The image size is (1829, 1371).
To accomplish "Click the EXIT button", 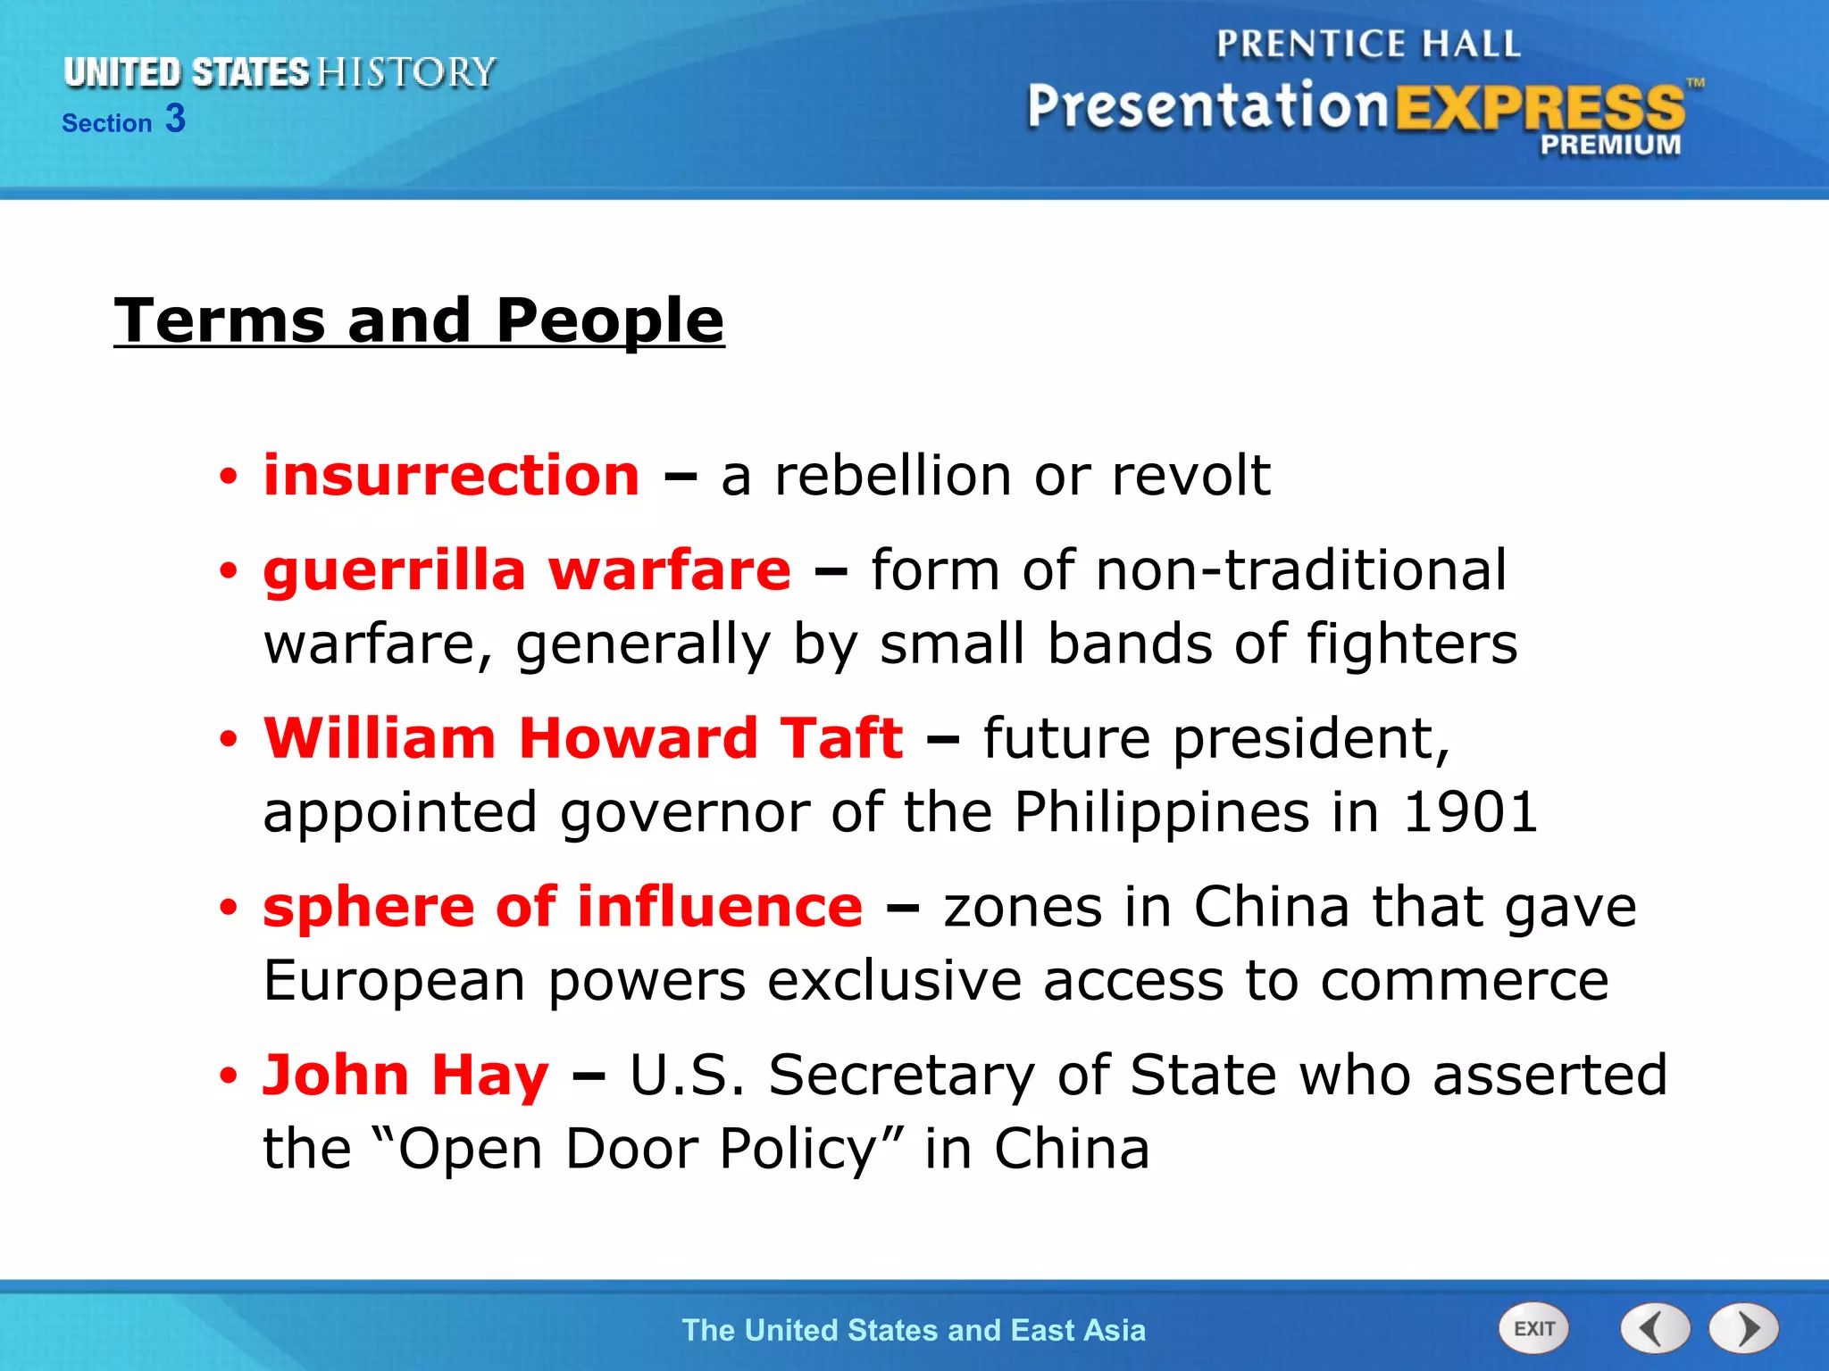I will point(1533,1328).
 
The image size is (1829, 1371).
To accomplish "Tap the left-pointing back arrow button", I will point(1654,1328).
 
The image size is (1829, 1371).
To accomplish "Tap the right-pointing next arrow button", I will point(1743,1328).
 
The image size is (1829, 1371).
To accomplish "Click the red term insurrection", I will point(451,475).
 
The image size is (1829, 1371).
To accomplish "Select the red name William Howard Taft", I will point(583,738).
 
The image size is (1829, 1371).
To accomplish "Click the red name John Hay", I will point(405,1075).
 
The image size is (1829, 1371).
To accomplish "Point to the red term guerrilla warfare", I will point(527,570).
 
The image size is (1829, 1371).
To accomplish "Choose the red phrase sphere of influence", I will point(563,907).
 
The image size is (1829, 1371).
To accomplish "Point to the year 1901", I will point(1470,812).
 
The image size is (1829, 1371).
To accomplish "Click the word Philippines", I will point(1162,812).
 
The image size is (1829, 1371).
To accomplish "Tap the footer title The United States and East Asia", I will point(914,1330).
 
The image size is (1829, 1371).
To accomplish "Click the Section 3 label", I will point(123,120).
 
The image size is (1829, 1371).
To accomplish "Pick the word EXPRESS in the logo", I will point(1539,109).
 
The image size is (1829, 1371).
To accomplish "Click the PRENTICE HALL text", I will point(1368,44).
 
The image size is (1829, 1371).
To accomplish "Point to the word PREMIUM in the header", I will point(1610,145).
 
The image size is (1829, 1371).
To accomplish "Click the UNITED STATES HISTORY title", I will point(280,72).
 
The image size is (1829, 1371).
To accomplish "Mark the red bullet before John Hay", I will point(229,1076).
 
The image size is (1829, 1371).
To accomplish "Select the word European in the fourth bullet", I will point(394,981).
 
